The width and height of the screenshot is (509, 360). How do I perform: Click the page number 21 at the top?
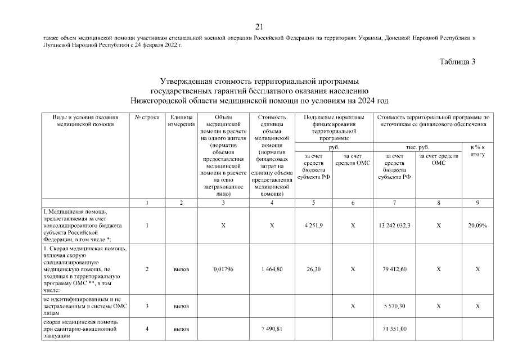(x=259, y=26)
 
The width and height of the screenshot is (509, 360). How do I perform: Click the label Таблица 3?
(x=457, y=62)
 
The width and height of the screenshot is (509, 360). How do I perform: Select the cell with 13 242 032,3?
(x=396, y=226)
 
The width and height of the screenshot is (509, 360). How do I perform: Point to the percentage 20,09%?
(x=476, y=226)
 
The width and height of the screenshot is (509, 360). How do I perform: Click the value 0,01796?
(x=223, y=269)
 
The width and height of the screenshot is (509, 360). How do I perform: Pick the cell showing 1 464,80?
(x=271, y=269)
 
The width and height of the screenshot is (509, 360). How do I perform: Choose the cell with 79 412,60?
(x=396, y=269)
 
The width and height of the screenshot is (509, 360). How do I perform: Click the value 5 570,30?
(x=396, y=306)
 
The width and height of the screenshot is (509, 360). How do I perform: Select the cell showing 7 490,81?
(x=271, y=328)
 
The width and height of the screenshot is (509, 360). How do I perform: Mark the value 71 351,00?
(x=396, y=328)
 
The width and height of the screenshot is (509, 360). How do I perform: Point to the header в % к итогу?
(x=476, y=151)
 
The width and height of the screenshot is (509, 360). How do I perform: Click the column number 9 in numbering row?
(x=476, y=202)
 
